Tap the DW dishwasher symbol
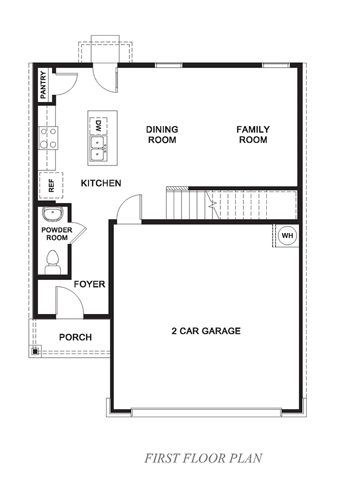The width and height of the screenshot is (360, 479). coord(99,126)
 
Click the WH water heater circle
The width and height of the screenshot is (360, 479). coord(287,235)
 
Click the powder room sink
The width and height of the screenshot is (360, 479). coord(53,214)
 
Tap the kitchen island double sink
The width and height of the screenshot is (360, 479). coord(97,148)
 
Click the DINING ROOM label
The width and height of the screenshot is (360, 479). coord(162,134)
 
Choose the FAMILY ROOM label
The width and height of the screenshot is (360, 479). coord(253,134)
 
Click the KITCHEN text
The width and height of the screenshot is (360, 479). coord(101,183)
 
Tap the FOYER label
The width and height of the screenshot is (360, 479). coord(89,284)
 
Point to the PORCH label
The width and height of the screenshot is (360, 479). coord(75,337)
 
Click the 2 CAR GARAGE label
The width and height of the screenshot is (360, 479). coord(206,331)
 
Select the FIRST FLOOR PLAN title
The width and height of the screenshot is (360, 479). coord(203,458)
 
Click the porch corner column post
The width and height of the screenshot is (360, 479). coord(35,351)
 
